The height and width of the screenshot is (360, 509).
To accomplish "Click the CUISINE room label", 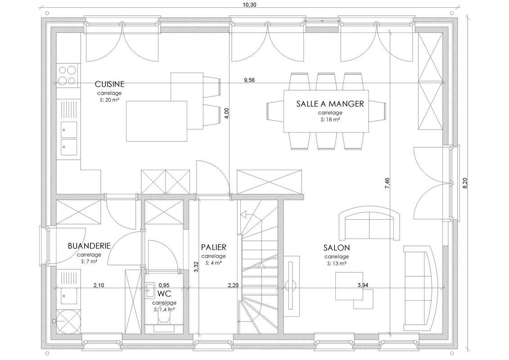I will coord(109,84).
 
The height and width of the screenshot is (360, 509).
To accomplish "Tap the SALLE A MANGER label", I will coord(330,103).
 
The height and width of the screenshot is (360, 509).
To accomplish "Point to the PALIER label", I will coord(213,247).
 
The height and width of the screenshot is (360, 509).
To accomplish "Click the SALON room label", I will coord(336,247).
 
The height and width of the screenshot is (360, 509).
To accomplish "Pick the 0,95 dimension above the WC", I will coord(164,285).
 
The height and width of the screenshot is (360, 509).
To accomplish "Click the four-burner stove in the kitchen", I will coord(68,75).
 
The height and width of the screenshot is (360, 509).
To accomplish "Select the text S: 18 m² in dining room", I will coord(330,120).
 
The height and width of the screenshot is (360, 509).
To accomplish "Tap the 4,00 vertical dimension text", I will coord(227,113).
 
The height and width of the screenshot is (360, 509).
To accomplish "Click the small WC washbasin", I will coord(150,289).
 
